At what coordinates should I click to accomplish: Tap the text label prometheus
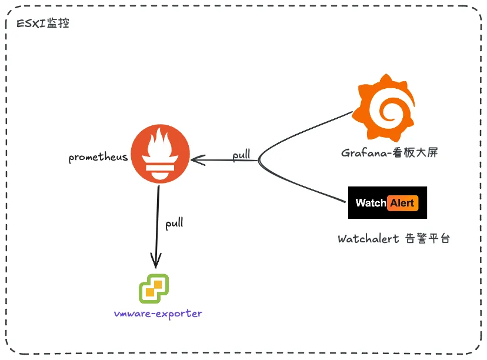pyautogui.click(x=98, y=158)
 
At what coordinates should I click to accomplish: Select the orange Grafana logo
pyautogui.click(x=385, y=106)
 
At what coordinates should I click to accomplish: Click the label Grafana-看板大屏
pyautogui.click(x=389, y=153)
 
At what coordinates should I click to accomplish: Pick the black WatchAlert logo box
pyautogui.click(x=388, y=203)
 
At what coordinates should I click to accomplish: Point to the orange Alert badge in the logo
pyautogui.click(x=402, y=203)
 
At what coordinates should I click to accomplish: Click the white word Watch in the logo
pyautogui.click(x=371, y=203)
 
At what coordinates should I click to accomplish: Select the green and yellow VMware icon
pyautogui.click(x=154, y=289)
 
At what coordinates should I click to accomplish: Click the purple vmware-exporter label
pyautogui.click(x=158, y=314)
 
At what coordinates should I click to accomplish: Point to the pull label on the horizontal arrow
pyautogui.click(x=241, y=155)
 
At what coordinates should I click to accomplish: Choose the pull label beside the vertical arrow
pyautogui.click(x=174, y=224)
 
